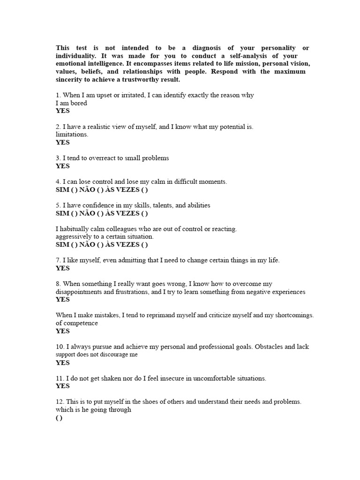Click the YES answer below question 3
coord(62,166)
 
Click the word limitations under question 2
coord(72,135)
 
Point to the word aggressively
coord(75,237)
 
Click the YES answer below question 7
coord(62,268)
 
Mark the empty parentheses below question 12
coord(59,418)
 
